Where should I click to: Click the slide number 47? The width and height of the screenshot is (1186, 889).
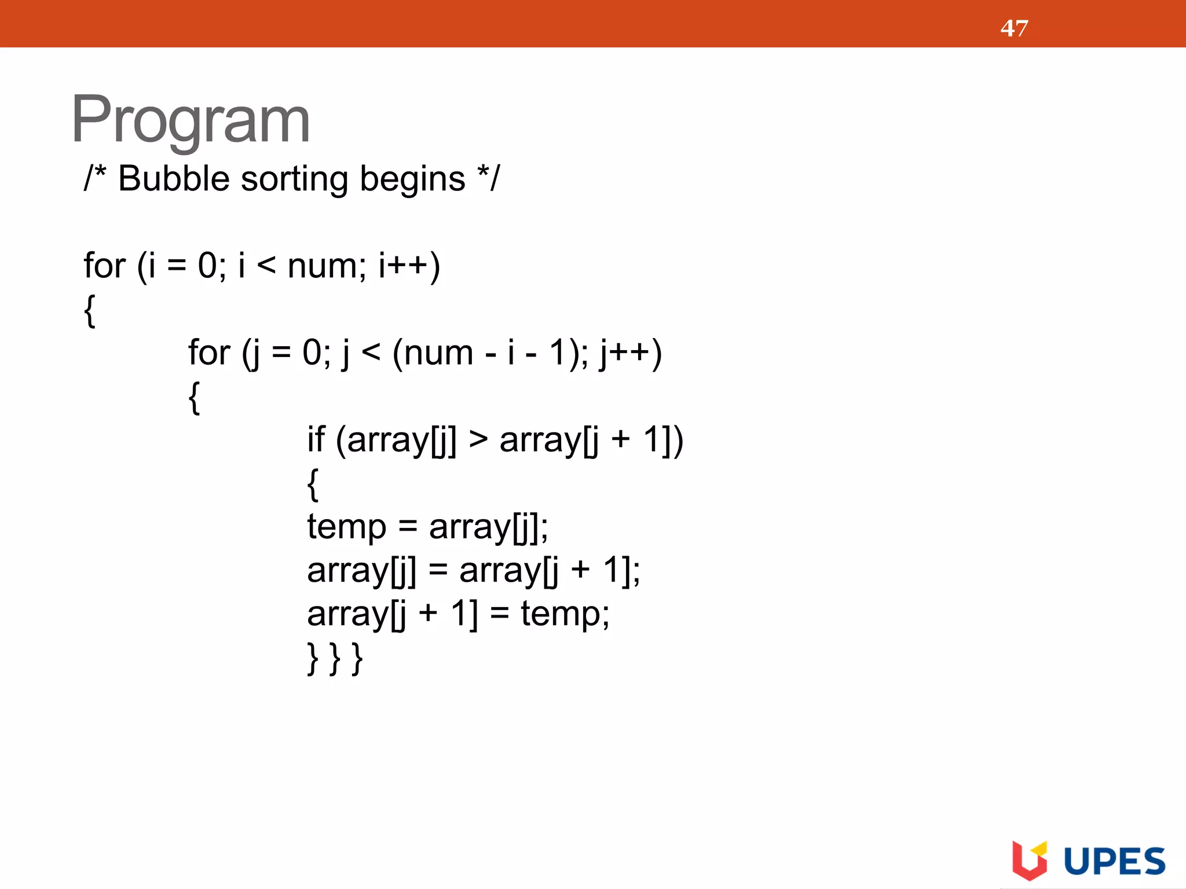tap(1014, 28)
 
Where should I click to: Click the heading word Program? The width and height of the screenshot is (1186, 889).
tap(191, 120)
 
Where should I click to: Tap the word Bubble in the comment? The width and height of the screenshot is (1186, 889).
tap(174, 178)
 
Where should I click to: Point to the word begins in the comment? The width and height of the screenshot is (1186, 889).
tap(412, 179)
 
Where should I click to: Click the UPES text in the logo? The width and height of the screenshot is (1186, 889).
tap(1114, 862)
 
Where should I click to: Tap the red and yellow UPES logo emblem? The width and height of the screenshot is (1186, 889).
tap(1030, 859)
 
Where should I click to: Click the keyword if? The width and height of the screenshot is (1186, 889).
tap(316, 439)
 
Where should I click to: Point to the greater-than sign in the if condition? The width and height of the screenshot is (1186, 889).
tap(478, 440)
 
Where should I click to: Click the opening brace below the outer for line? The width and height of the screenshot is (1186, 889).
tap(90, 311)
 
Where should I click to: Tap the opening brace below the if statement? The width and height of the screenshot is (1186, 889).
tap(313, 484)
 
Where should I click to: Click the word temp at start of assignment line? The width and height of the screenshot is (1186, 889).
tap(346, 528)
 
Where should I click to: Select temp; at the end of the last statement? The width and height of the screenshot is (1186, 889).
tap(565, 614)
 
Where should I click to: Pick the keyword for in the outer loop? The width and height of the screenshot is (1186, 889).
tap(105, 266)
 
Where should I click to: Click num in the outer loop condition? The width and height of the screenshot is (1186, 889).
tap(326, 267)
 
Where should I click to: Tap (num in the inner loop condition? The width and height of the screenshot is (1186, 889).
tap(433, 353)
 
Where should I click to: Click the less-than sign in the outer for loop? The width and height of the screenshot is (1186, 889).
tap(266, 266)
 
